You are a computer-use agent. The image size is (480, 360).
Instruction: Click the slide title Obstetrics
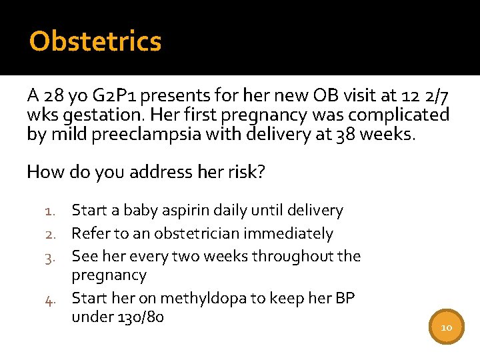95,41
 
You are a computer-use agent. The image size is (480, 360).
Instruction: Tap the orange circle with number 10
446,327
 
